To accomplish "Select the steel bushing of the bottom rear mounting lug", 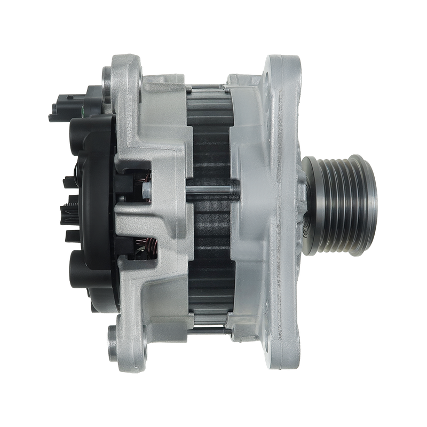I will click(x=113, y=336).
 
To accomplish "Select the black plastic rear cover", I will click(x=91, y=160).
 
